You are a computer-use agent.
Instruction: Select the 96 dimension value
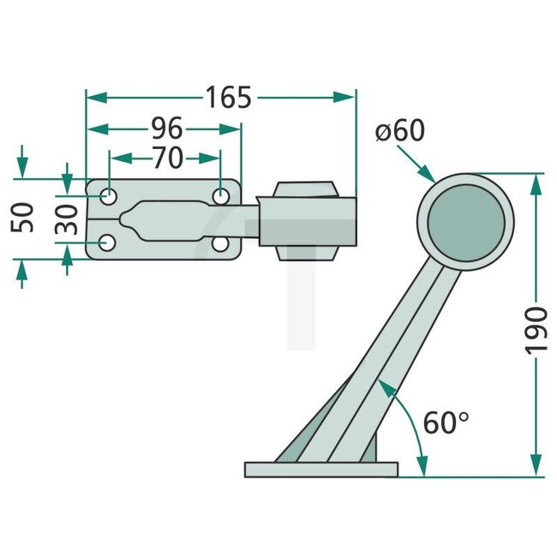pyautogui.click(x=167, y=129)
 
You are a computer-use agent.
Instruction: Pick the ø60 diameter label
pyautogui.click(x=399, y=131)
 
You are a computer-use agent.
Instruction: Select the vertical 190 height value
pyautogui.click(x=536, y=328)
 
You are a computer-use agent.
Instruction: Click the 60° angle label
pyautogui.click(x=446, y=422)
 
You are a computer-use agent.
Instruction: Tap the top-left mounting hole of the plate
pyautogui.click(x=110, y=196)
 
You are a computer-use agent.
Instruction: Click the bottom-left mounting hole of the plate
pyautogui.click(x=108, y=244)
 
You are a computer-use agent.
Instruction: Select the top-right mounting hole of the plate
pyautogui.click(x=221, y=196)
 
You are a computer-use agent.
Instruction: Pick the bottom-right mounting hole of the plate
pyautogui.click(x=221, y=245)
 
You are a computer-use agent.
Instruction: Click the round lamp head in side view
pyautogui.click(x=465, y=221)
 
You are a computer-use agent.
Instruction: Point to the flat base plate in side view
pyautogui.click(x=321, y=470)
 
